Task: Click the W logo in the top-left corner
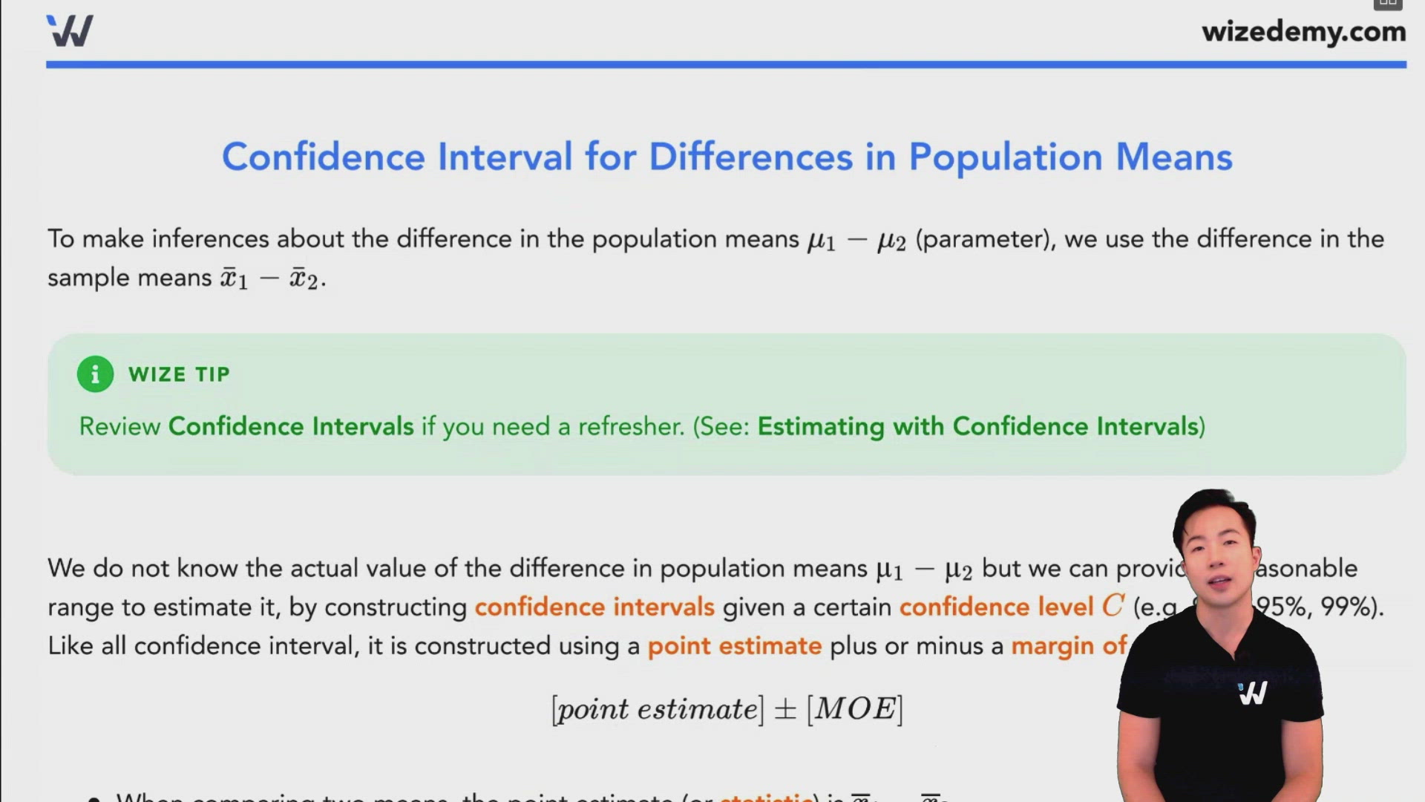(x=70, y=31)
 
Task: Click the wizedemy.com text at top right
(x=1303, y=32)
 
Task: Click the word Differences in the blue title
(x=750, y=157)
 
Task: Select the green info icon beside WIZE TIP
(x=95, y=374)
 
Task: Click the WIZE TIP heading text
(x=179, y=374)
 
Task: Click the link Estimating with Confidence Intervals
(x=978, y=426)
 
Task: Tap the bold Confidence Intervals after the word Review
(x=291, y=426)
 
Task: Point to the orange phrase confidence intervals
(x=594, y=607)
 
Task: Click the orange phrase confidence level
(x=996, y=607)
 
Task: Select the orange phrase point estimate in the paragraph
(x=734, y=646)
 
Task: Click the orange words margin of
(x=1069, y=646)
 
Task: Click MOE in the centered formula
(x=855, y=709)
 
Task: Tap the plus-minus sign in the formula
(x=784, y=710)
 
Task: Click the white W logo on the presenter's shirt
(x=1253, y=693)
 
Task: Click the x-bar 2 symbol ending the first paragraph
(x=304, y=278)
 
